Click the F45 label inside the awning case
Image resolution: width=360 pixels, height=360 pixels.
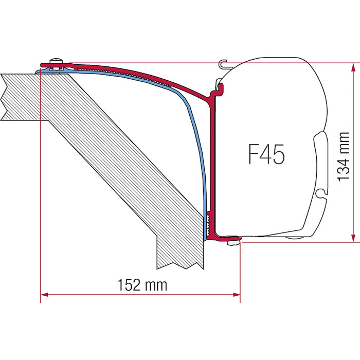click(x=266, y=154)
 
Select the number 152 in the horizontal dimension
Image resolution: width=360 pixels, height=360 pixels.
click(x=129, y=285)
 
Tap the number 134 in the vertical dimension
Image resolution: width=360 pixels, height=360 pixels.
click(x=344, y=167)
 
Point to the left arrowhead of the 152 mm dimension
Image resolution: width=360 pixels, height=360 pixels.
click(x=44, y=295)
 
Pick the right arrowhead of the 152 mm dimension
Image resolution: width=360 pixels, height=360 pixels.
click(x=237, y=295)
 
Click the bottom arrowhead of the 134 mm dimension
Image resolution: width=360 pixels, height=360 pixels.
click(x=354, y=238)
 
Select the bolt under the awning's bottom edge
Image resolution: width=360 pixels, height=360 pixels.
click(x=232, y=242)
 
